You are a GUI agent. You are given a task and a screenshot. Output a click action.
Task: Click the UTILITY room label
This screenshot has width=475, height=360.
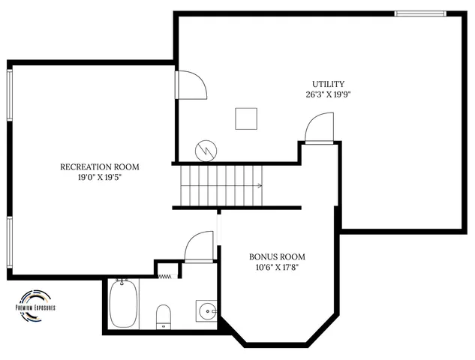coord(329,84)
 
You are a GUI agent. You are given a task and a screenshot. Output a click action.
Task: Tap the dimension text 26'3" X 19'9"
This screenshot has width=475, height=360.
coord(329,95)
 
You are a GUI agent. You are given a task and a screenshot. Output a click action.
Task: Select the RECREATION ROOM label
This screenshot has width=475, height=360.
coord(100,166)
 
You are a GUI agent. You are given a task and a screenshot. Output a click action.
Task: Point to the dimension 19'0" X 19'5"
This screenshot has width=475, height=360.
coord(100,178)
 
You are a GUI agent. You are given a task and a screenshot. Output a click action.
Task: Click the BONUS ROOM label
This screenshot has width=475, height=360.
coord(277,256)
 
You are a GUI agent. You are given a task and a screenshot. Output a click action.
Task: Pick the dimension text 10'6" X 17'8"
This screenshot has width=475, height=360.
coord(277,268)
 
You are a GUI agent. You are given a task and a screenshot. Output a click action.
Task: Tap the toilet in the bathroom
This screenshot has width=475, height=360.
coord(163,316)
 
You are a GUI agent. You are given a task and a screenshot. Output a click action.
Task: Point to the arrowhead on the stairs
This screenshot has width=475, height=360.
coord(260,185)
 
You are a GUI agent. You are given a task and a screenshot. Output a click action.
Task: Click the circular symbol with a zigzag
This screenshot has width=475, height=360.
coord(205,150)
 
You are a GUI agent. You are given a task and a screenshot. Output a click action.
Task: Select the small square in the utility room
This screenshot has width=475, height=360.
coord(245,118)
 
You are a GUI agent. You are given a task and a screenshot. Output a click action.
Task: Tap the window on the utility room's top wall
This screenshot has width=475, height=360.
coord(420,13)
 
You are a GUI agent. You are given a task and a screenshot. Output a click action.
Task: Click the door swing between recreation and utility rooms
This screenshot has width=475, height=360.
coord(191,84)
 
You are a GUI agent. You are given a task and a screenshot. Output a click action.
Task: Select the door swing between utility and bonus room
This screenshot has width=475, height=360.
coord(320,127)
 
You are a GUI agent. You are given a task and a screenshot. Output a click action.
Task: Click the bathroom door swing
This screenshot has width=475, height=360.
coord(200,247)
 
